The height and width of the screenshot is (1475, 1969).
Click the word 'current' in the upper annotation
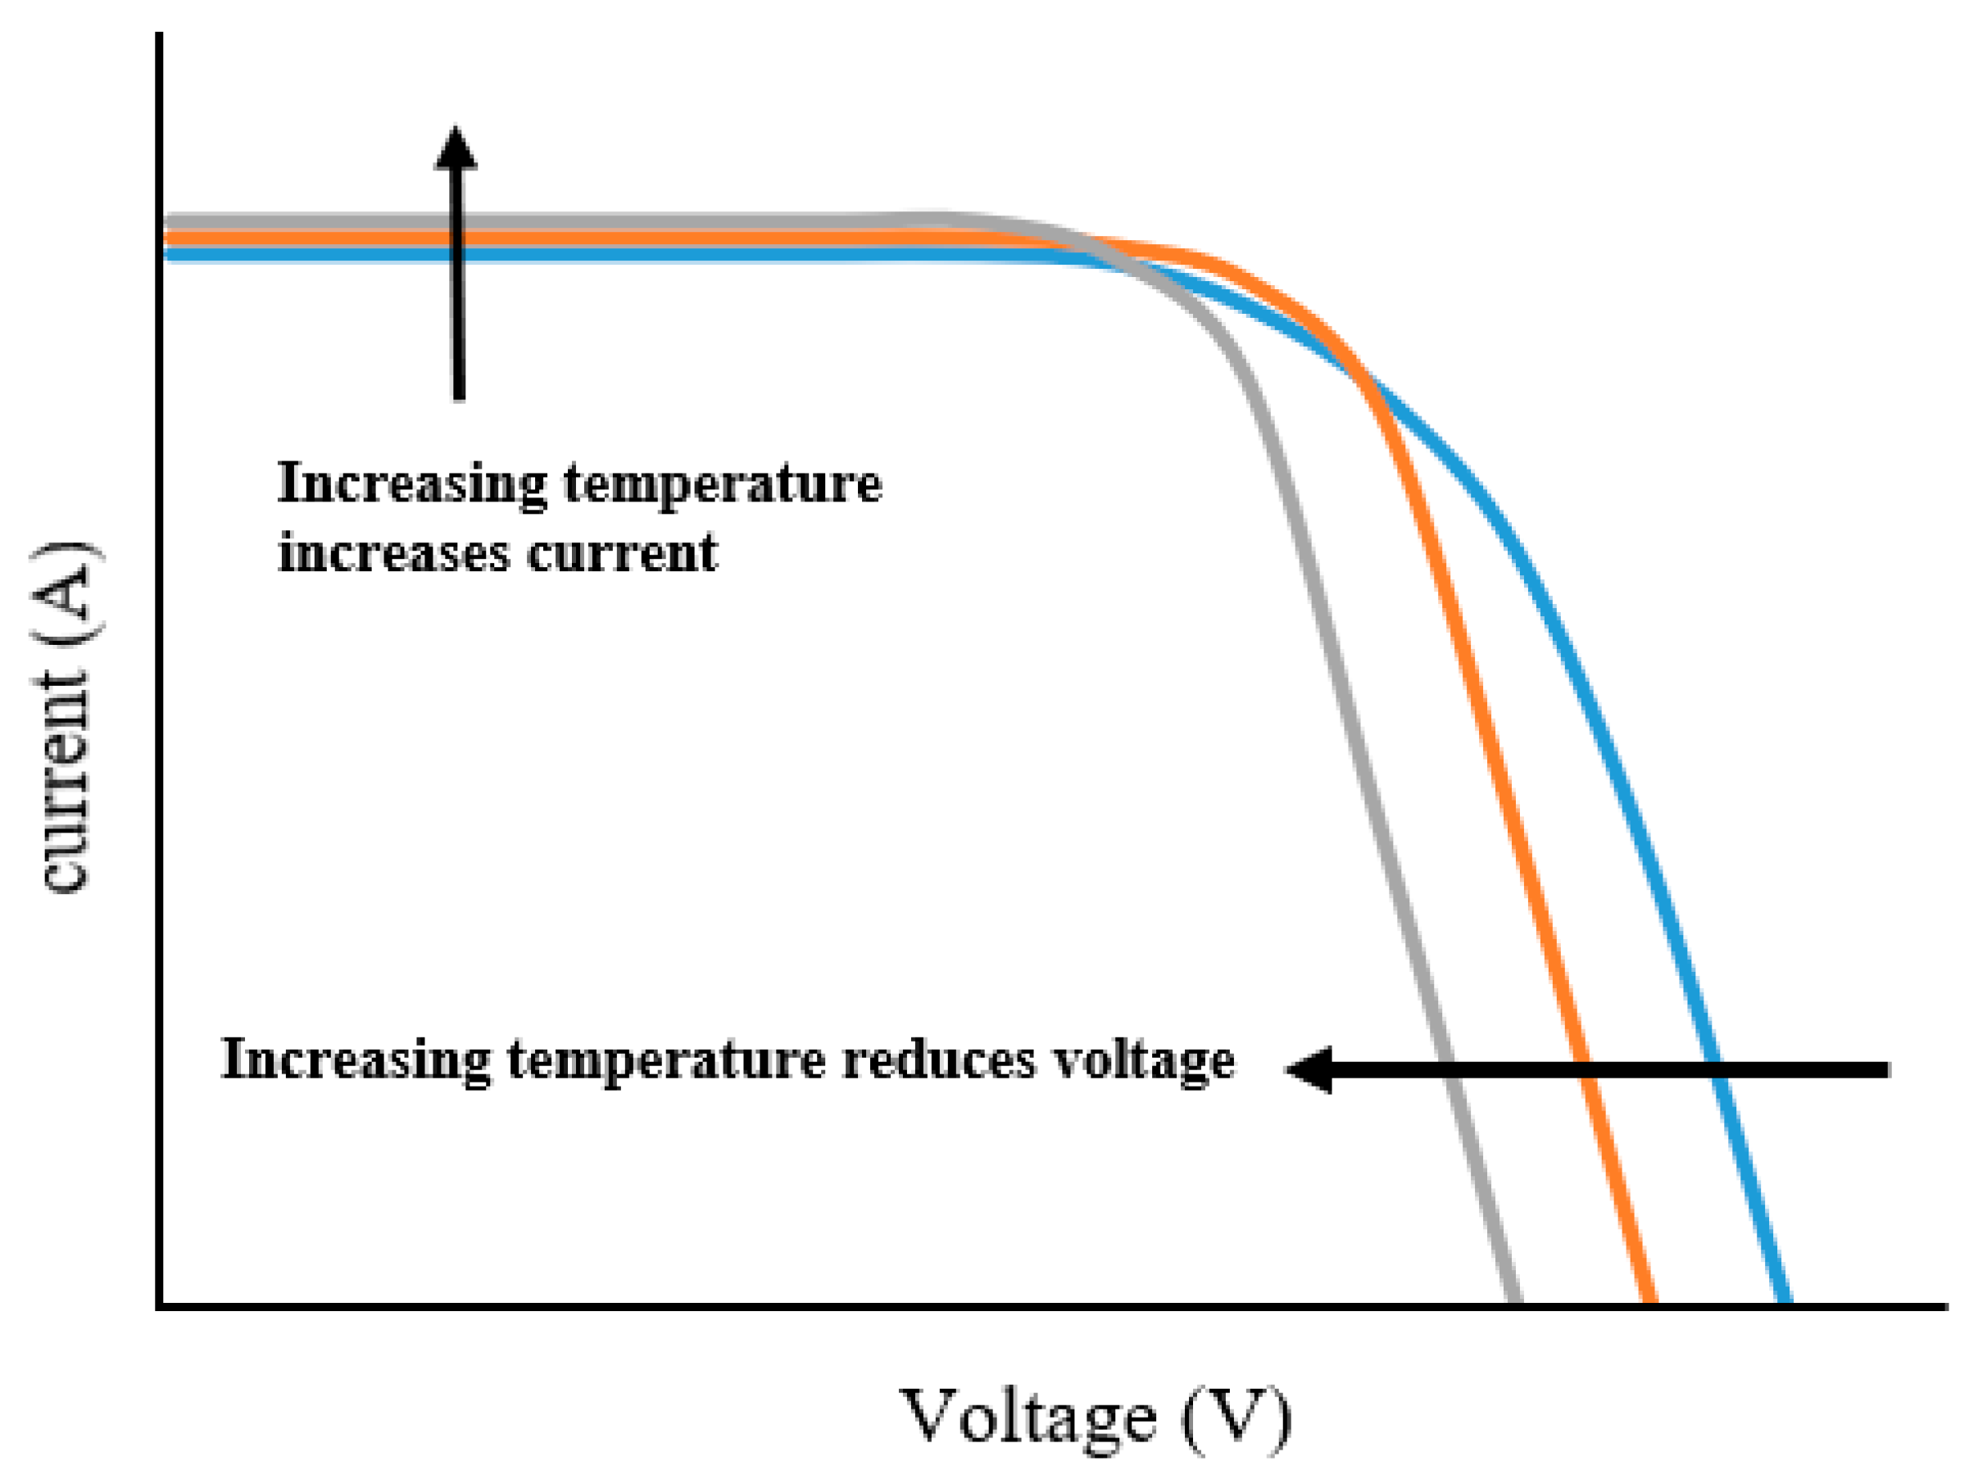621,554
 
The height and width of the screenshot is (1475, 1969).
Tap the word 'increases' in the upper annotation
393,554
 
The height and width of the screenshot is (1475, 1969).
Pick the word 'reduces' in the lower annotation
938,1060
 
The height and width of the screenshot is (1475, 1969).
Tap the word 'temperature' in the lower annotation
666,1060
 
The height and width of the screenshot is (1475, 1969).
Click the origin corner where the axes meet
159,1306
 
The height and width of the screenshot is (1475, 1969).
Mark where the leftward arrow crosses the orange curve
1586,1069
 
